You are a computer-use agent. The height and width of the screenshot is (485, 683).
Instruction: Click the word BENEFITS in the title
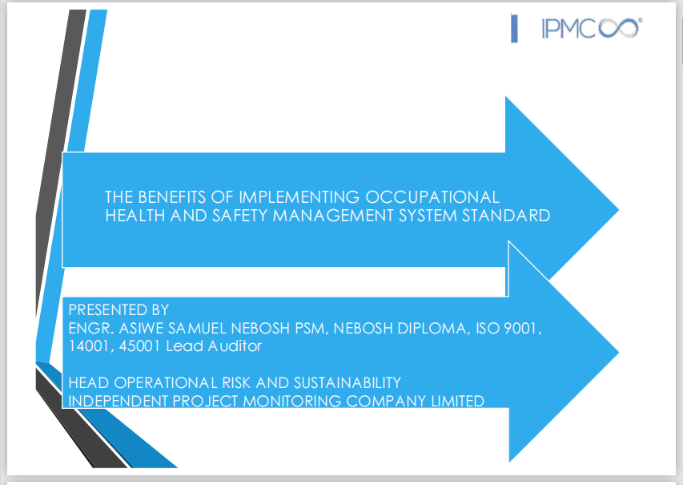pyautogui.click(x=172, y=197)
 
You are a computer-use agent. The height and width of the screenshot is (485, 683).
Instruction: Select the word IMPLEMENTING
pyautogui.click(x=299, y=197)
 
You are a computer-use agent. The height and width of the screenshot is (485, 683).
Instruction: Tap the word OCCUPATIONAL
pyautogui.click(x=432, y=197)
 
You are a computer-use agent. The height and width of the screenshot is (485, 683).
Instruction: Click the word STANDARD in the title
pyautogui.click(x=506, y=216)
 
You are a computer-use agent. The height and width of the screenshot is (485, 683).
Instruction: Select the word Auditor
pyautogui.click(x=235, y=346)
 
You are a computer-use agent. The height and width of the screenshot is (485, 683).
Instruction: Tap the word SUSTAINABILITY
pyautogui.click(x=348, y=383)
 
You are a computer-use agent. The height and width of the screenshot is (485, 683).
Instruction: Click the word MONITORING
pyautogui.click(x=291, y=402)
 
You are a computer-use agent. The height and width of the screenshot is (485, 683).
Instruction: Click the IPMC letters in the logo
pyautogui.click(x=568, y=29)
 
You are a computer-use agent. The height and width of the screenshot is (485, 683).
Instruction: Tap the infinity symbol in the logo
pyautogui.click(x=619, y=28)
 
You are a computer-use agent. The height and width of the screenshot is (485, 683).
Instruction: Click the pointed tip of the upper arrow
pyautogui.click(x=618, y=210)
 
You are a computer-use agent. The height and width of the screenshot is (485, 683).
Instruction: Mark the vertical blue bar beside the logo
pyautogui.click(x=514, y=29)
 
